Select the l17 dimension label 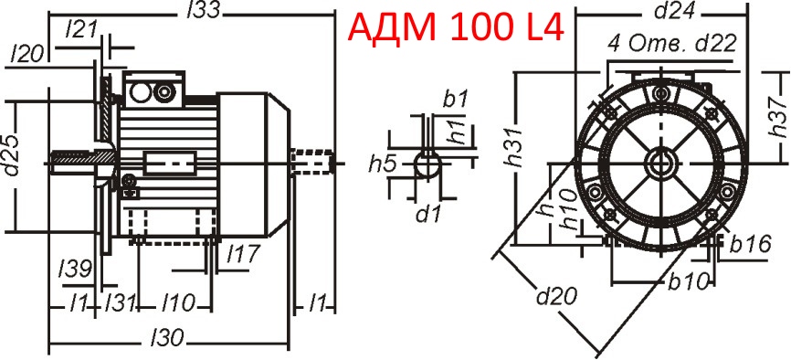point(242,251)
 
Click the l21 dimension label point(82,30)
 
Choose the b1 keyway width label point(456,97)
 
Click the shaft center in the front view point(658,164)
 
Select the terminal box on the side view point(153,91)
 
